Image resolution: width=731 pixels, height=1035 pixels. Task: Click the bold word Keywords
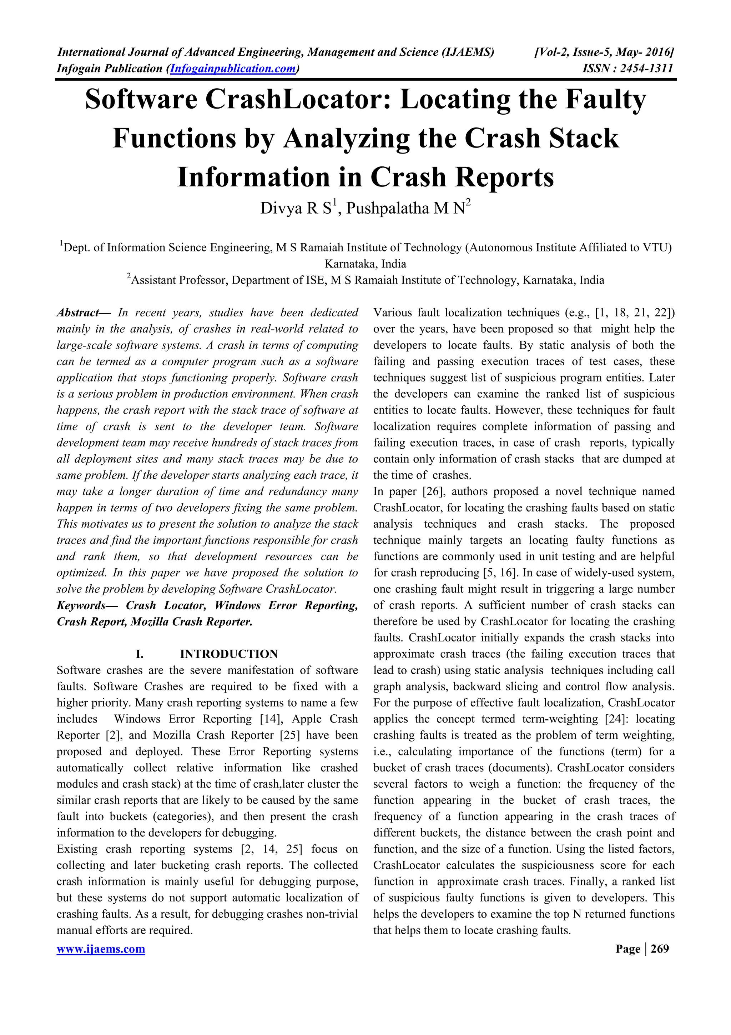point(81,605)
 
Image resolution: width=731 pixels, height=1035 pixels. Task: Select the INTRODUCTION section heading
point(229,654)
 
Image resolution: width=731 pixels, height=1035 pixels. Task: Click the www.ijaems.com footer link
point(101,949)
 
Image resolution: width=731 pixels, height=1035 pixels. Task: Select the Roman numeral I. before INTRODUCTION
point(140,654)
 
